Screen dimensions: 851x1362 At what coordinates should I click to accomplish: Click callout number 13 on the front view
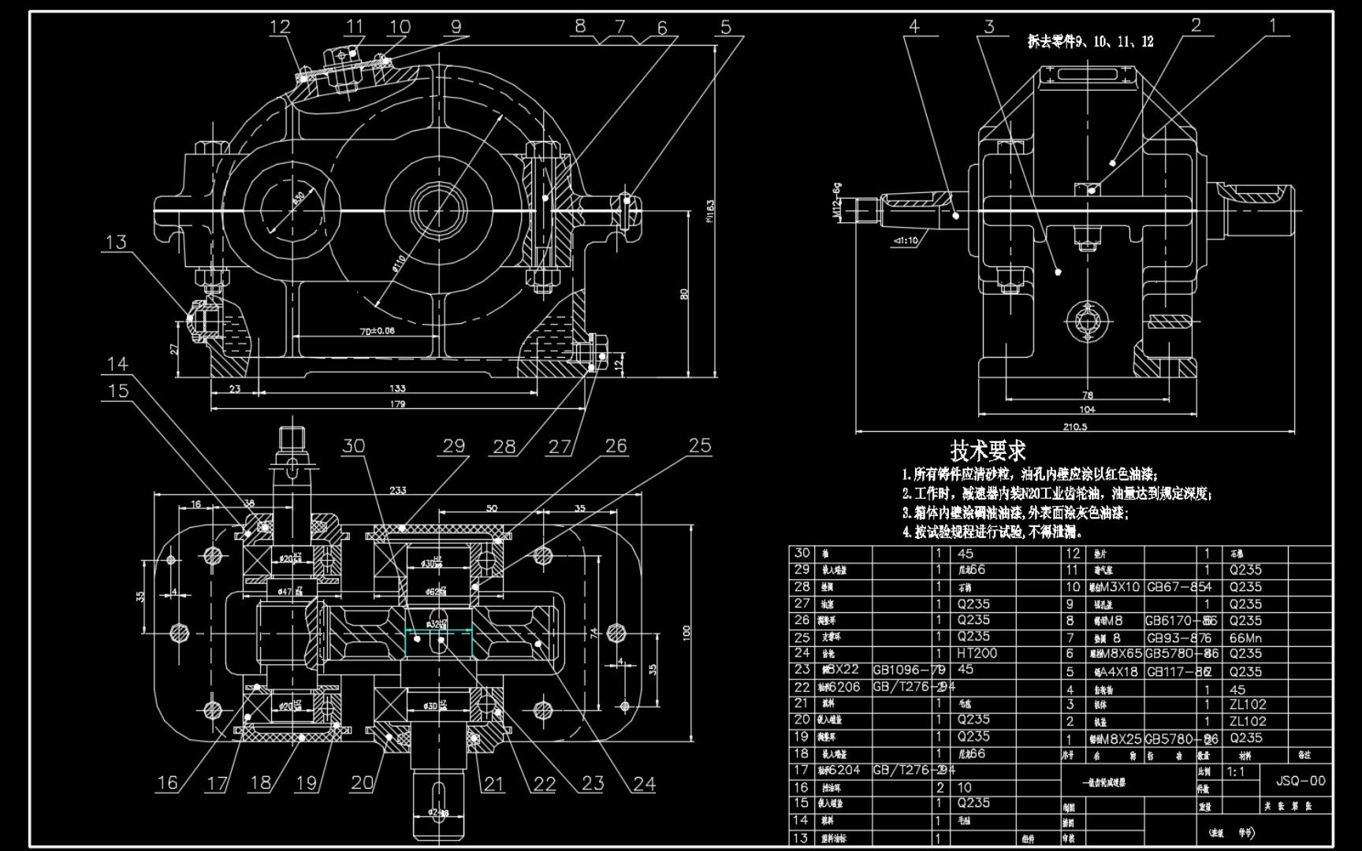(116, 242)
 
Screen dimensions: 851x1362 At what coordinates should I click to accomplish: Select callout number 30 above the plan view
(353, 446)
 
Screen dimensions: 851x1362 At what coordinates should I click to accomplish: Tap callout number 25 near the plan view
(700, 445)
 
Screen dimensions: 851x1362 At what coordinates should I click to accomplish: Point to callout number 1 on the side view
(1272, 25)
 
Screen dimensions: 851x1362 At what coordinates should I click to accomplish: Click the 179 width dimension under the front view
(397, 404)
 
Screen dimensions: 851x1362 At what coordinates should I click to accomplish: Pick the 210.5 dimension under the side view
(1074, 427)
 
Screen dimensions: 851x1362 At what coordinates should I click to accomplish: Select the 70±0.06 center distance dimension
(377, 331)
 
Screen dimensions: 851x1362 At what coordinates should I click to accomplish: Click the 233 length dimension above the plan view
(398, 490)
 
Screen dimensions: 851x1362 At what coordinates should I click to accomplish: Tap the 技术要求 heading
(988, 452)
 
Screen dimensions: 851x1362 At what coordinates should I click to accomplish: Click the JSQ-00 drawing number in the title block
(1301, 781)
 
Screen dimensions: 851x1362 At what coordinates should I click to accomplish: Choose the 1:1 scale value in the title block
(1237, 771)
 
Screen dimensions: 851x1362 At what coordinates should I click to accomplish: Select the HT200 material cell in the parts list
(977, 653)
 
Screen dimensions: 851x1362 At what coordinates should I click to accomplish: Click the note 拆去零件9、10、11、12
(1090, 42)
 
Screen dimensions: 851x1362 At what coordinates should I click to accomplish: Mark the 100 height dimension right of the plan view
(687, 631)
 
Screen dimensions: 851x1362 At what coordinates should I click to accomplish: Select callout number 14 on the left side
(117, 363)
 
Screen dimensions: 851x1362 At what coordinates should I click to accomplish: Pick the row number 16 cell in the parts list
(802, 787)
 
